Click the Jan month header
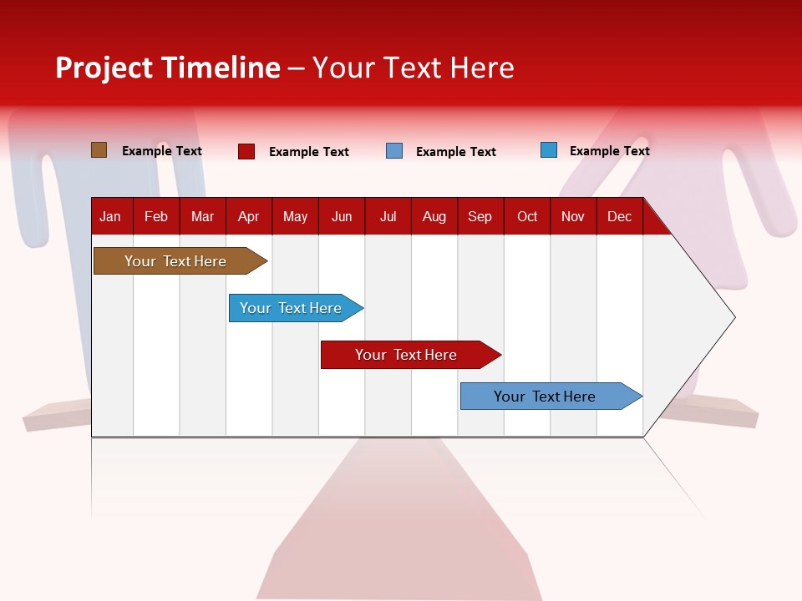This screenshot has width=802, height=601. click(x=110, y=216)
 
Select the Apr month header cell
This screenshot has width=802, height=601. click(x=249, y=216)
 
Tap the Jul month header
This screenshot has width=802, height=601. click(x=388, y=216)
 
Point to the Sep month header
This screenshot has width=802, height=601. click(x=480, y=216)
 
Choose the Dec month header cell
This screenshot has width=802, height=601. click(x=619, y=216)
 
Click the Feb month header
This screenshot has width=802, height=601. click(x=156, y=216)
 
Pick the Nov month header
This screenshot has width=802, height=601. click(x=573, y=216)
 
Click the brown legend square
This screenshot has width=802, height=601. click(x=99, y=150)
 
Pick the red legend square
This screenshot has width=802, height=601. click(x=246, y=151)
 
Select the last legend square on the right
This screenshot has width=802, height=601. click(x=549, y=150)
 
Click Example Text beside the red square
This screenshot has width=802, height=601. click(x=309, y=151)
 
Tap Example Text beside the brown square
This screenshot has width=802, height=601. click(x=162, y=150)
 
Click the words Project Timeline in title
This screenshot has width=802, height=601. click(x=168, y=68)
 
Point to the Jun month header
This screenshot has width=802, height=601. click(x=342, y=216)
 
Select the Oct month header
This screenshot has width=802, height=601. click(x=527, y=216)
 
